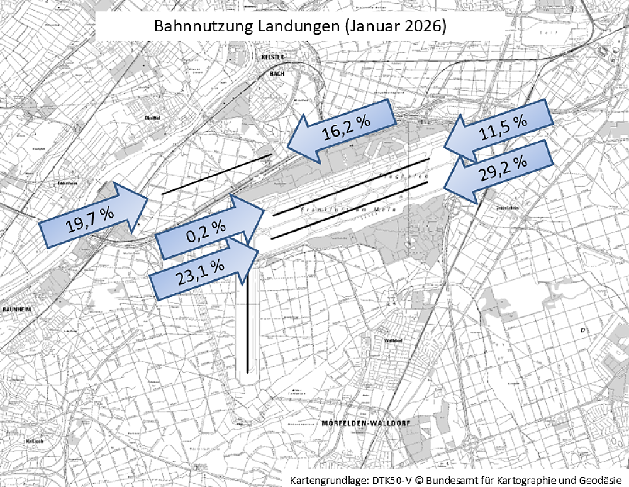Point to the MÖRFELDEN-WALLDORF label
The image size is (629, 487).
[x=365, y=423]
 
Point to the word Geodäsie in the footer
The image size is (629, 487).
[x=601, y=479]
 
